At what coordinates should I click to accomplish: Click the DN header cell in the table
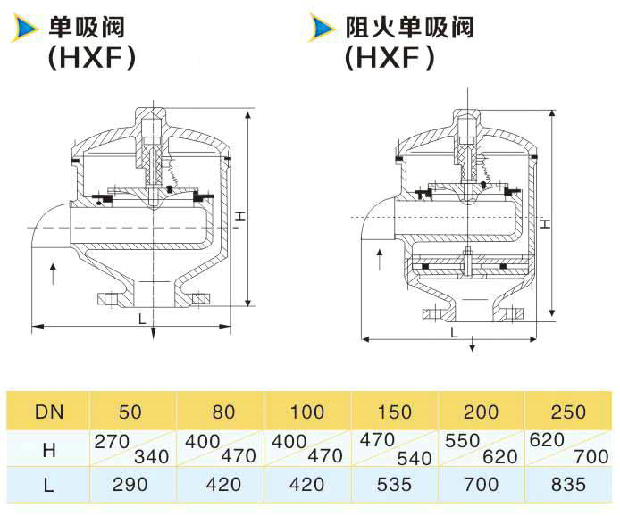(x=49, y=412)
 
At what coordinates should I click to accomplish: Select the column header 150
(x=394, y=412)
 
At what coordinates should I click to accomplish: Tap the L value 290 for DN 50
(x=130, y=485)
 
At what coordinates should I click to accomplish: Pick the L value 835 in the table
(x=568, y=485)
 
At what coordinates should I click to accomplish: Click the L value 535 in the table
(x=394, y=485)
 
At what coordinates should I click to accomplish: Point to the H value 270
(x=112, y=441)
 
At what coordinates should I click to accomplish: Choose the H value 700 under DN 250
(x=591, y=457)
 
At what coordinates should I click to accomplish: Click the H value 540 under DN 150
(x=414, y=458)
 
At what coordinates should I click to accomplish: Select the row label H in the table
(x=49, y=450)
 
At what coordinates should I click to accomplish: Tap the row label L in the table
(x=48, y=485)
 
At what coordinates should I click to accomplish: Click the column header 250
(x=568, y=412)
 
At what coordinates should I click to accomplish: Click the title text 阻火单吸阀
(x=410, y=28)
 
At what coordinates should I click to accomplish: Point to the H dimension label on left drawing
(x=240, y=216)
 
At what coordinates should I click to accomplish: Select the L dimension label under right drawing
(x=454, y=333)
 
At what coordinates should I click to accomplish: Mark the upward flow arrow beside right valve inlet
(x=380, y=260)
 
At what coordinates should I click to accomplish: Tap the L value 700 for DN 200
(x=481, y=485)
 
